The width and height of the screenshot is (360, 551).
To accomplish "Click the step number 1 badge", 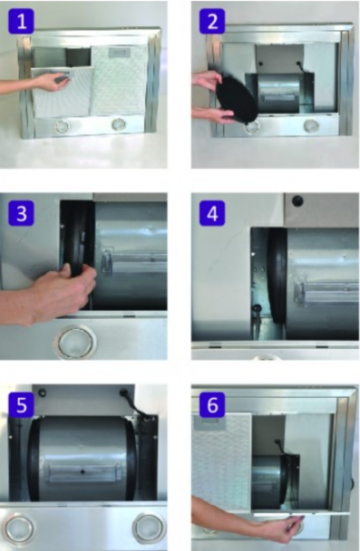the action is [x=21, y=22].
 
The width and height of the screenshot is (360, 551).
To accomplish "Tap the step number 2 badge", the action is [x=212, y=22].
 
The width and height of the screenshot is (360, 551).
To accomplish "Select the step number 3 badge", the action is [x=21, y=213].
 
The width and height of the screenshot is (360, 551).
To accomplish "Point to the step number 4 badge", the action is [x=212, y=213].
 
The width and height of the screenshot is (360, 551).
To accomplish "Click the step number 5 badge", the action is [x=21, y=405].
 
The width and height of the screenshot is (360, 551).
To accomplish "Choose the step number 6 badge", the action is [x=212, y=405].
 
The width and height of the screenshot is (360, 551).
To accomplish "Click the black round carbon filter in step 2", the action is [x=237, y=99].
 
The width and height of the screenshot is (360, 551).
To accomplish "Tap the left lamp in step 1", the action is [x=62, y=126].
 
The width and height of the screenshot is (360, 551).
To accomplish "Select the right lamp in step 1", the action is [x=118, y=124].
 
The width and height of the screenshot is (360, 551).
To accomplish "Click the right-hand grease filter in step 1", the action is [x=119, y=81].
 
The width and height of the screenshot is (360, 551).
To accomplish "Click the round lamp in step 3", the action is [x=75, y=342].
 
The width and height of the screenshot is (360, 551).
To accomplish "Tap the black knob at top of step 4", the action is [x=298, y=201].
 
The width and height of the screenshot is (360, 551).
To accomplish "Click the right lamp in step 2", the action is [x=311, y=125].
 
